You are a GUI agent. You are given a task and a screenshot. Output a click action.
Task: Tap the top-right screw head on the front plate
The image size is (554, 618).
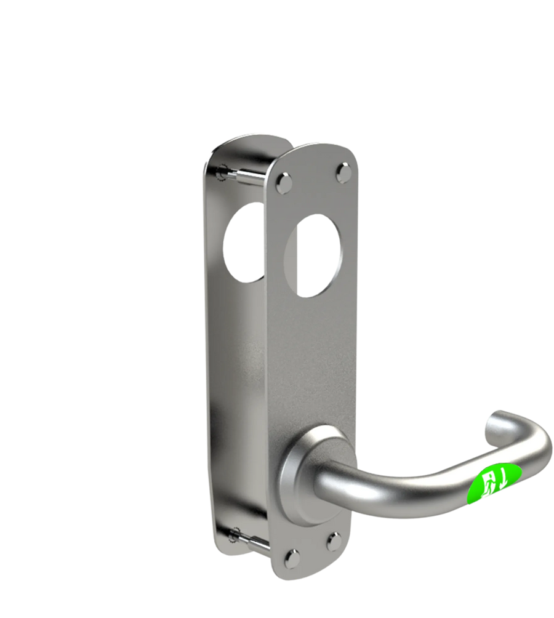click(x=342, y=171)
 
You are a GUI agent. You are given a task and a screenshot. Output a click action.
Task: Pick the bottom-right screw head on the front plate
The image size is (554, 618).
click(x=334, y=541)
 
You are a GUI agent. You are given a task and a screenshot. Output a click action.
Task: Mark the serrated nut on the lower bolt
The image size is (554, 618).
click(x=234, y=535)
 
